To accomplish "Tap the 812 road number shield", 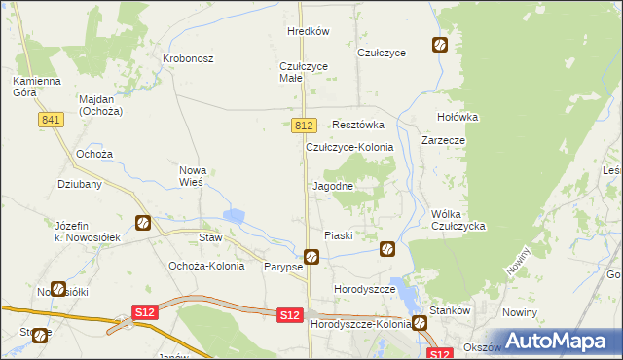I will coord(304,126).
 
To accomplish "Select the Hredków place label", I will coord(309,31).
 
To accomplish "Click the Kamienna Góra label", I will coord(37,87).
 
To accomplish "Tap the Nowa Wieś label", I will coord(192,176).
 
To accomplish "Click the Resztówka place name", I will coord(358,125).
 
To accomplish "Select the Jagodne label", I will coord(332,185).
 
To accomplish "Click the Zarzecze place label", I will coord(443,140).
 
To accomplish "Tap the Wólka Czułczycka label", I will coord(458,220).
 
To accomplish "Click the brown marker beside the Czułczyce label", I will coord(440,45).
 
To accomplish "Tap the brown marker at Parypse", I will coord(311,257).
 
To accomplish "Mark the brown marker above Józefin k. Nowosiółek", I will coord(143,223).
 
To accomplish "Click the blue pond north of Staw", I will coord(236,216).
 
